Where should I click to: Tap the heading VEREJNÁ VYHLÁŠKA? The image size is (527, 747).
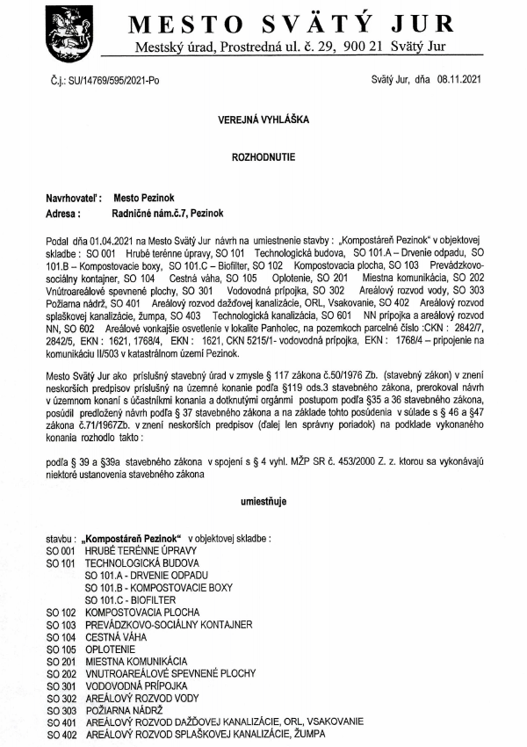pos(262,116)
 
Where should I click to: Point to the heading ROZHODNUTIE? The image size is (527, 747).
pos(262,152)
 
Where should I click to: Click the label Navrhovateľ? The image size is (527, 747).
pos(74,199)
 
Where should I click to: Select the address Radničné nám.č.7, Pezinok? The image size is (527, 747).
pos(155,213)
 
